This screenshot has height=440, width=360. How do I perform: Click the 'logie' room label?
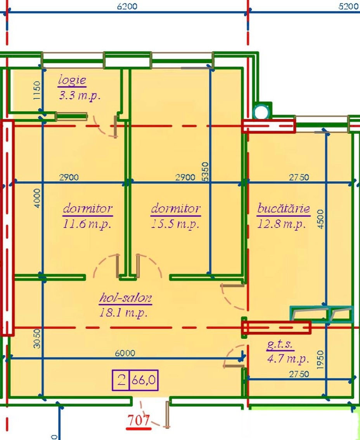coord(72,81)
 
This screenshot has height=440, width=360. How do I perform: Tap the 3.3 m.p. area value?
coord(80,96)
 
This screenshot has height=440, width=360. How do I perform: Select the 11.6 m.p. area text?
coord(87,224)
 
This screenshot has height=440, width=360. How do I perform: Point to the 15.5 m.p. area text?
coord(175,224)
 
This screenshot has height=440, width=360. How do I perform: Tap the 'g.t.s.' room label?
coord(280,344)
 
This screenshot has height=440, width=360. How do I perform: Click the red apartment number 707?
coord(139,420)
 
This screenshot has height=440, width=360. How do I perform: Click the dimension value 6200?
coord(127,6)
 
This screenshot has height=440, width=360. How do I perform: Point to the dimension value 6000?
coord(125,353)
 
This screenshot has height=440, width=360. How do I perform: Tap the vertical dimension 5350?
coord(205,171)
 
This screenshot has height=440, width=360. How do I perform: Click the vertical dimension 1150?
coord(37,90)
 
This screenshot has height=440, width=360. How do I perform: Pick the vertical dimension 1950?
coord(320,360)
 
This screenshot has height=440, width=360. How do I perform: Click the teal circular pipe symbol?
coord(261,112)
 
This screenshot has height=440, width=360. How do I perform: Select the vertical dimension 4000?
coord(37,198)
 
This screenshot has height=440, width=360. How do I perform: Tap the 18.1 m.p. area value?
coord(123,312)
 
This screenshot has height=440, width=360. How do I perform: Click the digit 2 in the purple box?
coord(121,380)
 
